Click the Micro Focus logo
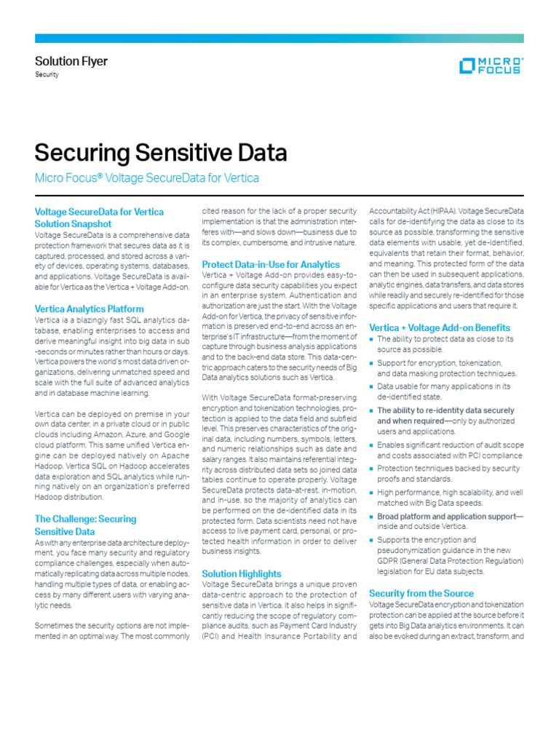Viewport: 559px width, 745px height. point(490,65)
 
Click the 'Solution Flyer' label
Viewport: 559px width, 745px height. point(71,61)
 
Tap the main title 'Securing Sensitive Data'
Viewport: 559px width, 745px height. point(161,153)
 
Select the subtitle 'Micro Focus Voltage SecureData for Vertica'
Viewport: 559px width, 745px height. point(147,178)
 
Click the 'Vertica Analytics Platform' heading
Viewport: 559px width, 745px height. point(90,309)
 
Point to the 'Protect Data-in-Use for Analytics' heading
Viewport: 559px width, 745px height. point(270,264)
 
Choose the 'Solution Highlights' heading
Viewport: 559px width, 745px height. point(241,573)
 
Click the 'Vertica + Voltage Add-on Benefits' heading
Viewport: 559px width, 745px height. point(440,327)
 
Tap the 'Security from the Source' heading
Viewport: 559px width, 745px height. point(421,593)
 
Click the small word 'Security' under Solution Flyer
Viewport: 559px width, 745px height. point(47,75)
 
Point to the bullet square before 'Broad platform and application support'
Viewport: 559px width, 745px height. point(372,517)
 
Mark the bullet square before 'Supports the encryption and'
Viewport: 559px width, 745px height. point(372,541)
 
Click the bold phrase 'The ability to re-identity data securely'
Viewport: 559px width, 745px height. point(445,410)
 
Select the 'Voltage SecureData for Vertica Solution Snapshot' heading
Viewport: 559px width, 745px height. point(99,218)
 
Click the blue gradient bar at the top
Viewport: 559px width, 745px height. point(279,38)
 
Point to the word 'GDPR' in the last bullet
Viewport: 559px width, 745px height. point(390,562)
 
